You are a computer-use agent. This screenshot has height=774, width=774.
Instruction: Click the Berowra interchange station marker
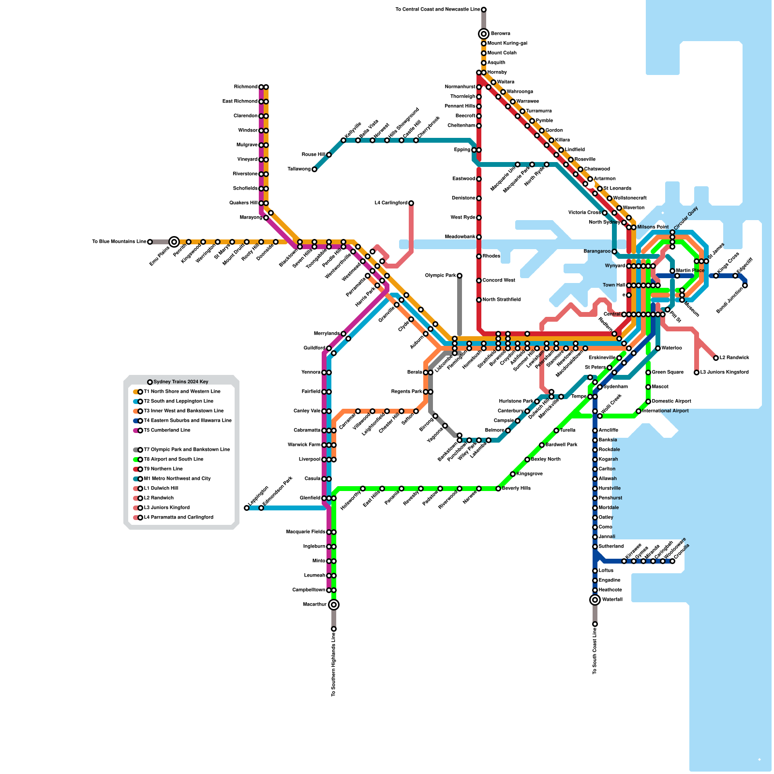[484, 34]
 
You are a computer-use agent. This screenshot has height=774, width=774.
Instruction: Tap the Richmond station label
[246, 87]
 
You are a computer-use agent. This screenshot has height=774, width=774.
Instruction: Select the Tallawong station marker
[314, 169]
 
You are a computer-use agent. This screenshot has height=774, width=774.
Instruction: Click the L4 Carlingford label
[391, 203]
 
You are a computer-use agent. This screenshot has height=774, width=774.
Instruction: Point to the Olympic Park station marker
[460, 276]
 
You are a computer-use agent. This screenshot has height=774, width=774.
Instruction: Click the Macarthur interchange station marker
[334, 605]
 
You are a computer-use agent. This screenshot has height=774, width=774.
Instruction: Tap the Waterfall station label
[612, 600]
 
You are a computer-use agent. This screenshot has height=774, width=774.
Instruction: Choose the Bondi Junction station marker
[745, 285]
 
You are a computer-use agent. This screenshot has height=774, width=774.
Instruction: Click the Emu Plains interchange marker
[174, 242]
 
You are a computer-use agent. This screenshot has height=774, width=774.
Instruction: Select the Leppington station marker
[247, 508]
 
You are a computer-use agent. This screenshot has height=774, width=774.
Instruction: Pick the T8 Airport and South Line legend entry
[174, 460]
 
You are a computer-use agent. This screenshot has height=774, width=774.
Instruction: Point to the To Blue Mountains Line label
[119, 242]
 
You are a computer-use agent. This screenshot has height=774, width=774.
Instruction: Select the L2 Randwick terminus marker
[716, 358]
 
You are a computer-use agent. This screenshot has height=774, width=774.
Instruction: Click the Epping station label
[462, 150]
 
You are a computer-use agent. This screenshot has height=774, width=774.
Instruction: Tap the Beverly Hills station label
[516, 489]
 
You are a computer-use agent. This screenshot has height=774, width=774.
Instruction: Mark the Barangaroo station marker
[614, 252]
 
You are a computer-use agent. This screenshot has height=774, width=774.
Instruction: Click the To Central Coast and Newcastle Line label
[437, 10]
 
